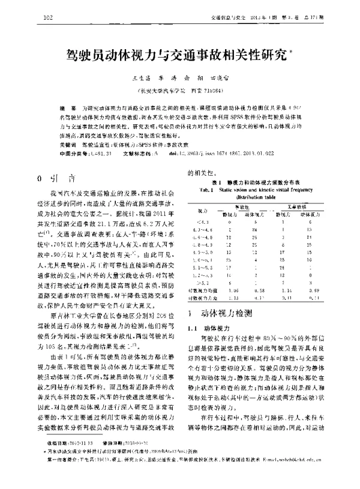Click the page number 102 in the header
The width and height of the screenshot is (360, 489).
coord(49,17)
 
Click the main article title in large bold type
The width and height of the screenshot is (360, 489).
coord(176,57)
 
